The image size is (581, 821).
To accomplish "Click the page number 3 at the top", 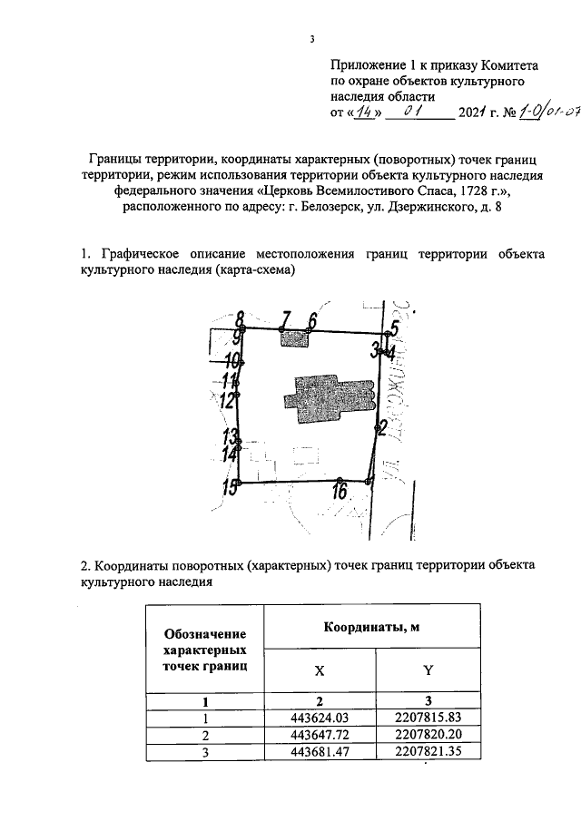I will click(x=310, y=39).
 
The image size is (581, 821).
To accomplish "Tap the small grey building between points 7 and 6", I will click(x=294, y=338).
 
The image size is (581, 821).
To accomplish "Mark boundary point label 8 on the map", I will click(x=241, y=319).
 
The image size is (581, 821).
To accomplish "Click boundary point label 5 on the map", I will click(x=395, y=328).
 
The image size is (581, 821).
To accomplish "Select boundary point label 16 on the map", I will click(x=340, y=493).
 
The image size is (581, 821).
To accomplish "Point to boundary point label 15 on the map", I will click(x=232, y=488).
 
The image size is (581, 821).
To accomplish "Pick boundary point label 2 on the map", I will click(x=382, y=426).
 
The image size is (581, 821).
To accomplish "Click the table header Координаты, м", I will click(x=370, y=628).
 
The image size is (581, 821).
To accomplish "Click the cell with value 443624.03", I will click(x=318, y=717).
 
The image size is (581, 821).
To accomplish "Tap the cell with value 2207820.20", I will click(x=428, y=733).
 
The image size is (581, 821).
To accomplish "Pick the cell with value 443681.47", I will click(x=318, y=750).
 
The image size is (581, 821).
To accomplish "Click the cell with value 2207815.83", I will click(x=428, y=717).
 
